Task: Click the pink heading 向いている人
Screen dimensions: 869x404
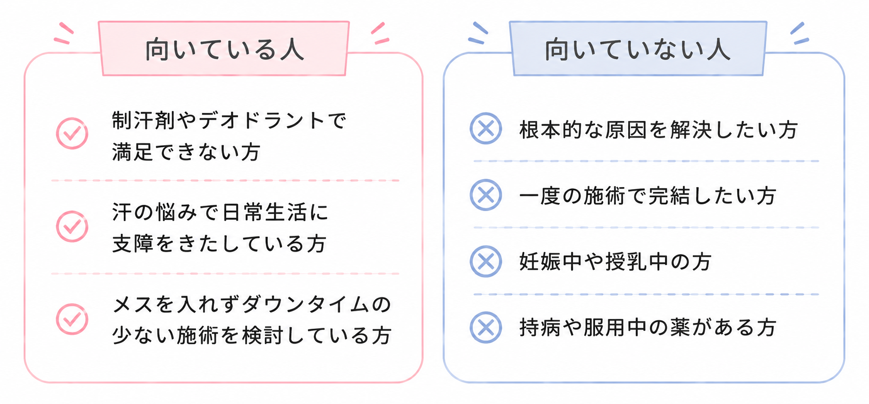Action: point(225,50)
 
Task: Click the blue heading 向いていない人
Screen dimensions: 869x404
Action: point(638,50)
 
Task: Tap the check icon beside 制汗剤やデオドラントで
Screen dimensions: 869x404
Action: point(72,133)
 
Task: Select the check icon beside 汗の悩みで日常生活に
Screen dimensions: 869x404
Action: point(72,226)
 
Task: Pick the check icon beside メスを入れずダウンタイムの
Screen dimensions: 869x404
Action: point(72,319)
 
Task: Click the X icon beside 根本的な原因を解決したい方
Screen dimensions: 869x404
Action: point(486,128)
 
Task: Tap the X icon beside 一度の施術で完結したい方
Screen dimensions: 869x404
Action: point(486,195)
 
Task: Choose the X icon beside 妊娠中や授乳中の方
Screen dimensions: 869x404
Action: point(486,261)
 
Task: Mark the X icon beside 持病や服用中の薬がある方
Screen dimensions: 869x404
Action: point(486,327)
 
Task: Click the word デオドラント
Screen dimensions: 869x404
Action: point(263,121)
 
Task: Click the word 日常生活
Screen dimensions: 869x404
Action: point(264,212)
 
